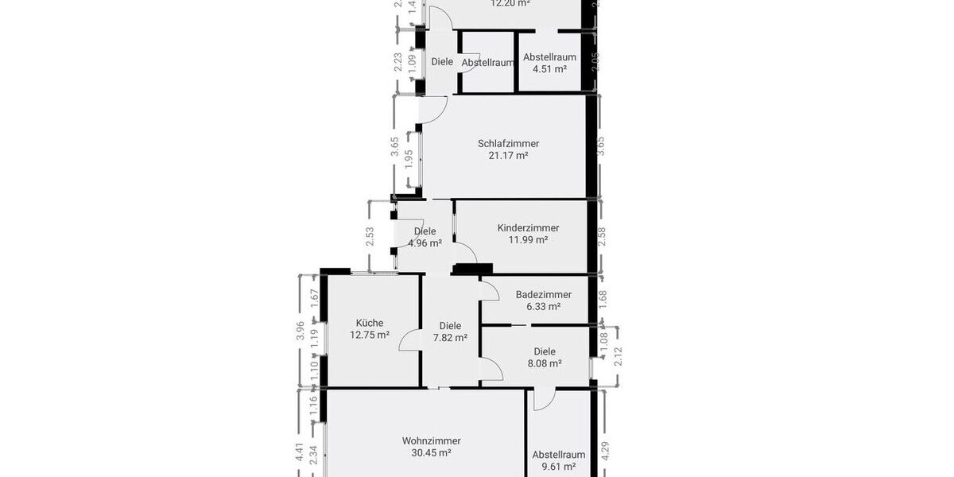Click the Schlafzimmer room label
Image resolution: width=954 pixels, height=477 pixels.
[x=508, y=144]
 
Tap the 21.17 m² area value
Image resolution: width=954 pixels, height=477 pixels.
[x=508, y=156]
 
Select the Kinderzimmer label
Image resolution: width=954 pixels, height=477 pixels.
[x=528, y=227]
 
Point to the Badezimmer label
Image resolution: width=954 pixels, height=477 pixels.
[x=543, y=294]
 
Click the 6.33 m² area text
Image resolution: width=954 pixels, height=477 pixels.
[x=543, y=306]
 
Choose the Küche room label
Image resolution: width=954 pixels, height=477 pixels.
[x=370, y=323]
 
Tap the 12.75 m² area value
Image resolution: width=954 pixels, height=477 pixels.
[x=370, y=335]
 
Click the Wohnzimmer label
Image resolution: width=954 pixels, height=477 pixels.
[x=431, y=440]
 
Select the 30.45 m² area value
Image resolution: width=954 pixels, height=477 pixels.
[x=431, y=453]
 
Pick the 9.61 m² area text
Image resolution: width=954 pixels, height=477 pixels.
[x=558, y=467]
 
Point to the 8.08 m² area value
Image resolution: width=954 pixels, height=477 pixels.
[x=545, y=363]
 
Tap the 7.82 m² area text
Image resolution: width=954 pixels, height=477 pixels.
[x=450, y=337]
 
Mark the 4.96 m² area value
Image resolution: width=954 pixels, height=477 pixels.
[x=425, y=243]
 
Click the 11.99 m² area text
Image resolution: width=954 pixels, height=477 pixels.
[x=528, y=239]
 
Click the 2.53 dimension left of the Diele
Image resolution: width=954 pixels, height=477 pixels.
[x=370, y=238]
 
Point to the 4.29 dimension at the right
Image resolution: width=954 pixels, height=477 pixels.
[x=605, y=451]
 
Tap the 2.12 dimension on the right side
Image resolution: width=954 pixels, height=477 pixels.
[x=618, y=356]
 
